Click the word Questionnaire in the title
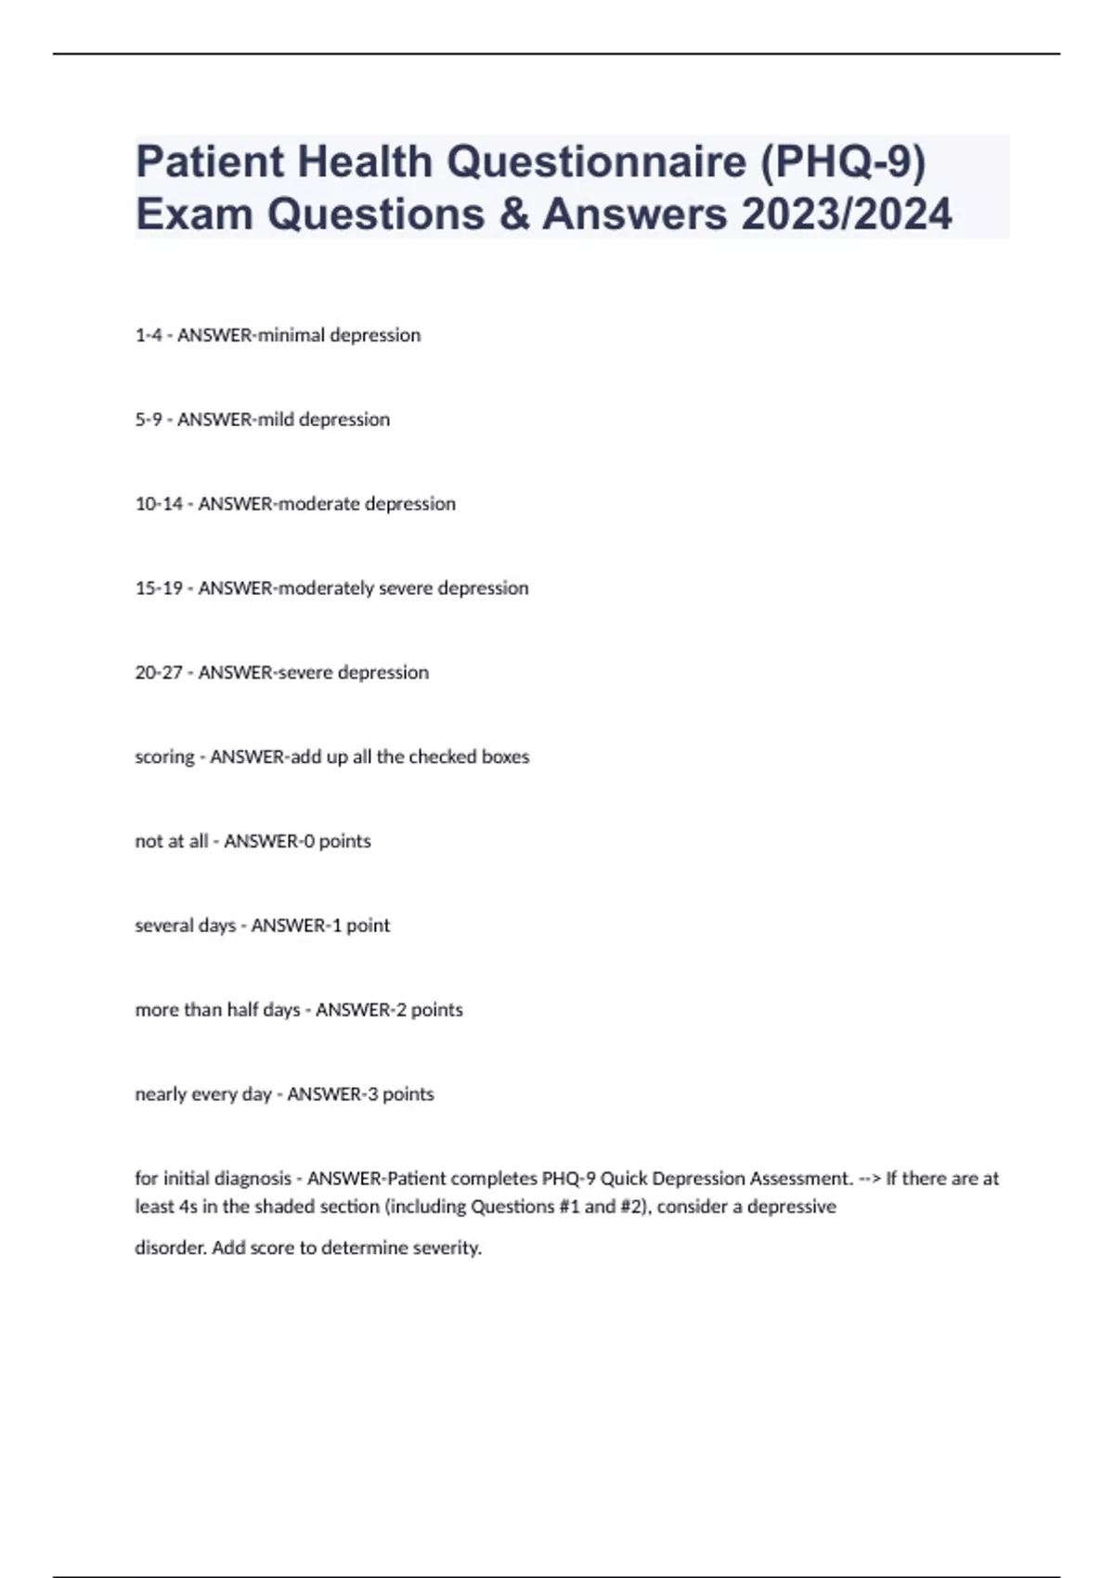click(596, 162)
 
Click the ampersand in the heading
click(513, 214)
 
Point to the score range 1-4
click(149, 335)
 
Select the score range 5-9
click(149, 420)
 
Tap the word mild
click(276, 420)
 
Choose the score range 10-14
click(159, 504)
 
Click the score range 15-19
click(159, 589)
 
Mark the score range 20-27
click(159, 673)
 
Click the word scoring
click(164, 757)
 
